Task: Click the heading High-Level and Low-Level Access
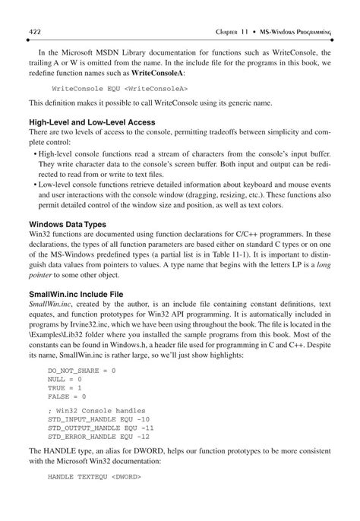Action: tap(92, 122)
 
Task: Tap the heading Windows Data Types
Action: tap(68, 225)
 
